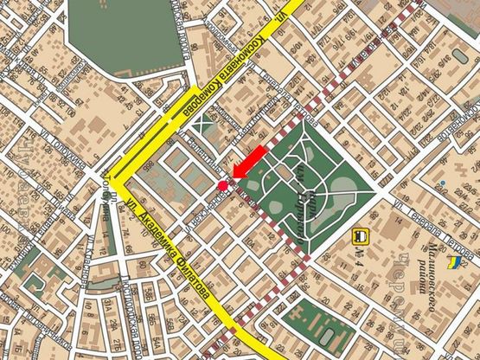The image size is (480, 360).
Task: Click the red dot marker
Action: coord(222,186)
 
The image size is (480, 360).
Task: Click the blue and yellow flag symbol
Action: coord(453,261)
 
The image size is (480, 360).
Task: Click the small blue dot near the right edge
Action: coord(441,184)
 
